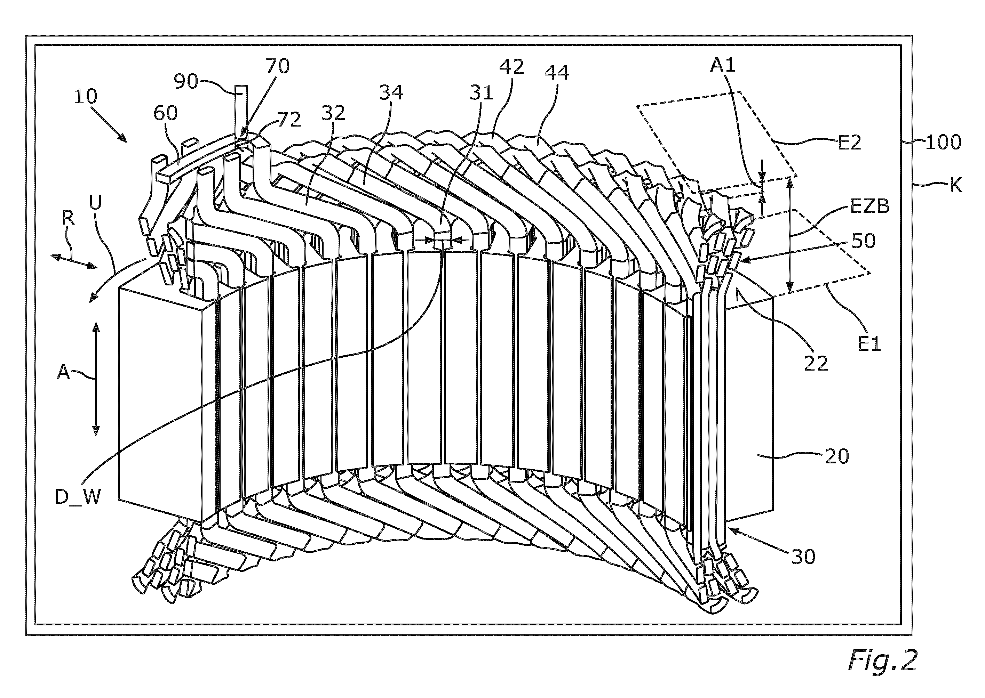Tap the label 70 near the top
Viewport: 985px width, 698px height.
[x=277, y=66]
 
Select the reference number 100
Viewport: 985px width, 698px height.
[x=943, y=142]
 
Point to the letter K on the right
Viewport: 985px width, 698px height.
[x=956, y=186]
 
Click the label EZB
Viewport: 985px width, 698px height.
[x=870, y=207]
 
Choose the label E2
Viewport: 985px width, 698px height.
[x=850, y=143]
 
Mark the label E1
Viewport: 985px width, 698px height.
[x=869, y=344]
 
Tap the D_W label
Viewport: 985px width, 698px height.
[x=78, y=497]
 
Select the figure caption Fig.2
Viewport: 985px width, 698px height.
[x=882, y=660]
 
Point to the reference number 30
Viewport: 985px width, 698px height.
[x=803, y=557]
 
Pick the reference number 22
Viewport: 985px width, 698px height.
[x=816, y=364]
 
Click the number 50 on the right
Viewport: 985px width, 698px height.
[x=863, y=241]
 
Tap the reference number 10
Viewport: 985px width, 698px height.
[x=86, y=96]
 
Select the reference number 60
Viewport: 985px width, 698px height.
[x=166, y=113]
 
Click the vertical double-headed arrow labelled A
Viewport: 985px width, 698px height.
[x=96, y=378]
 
